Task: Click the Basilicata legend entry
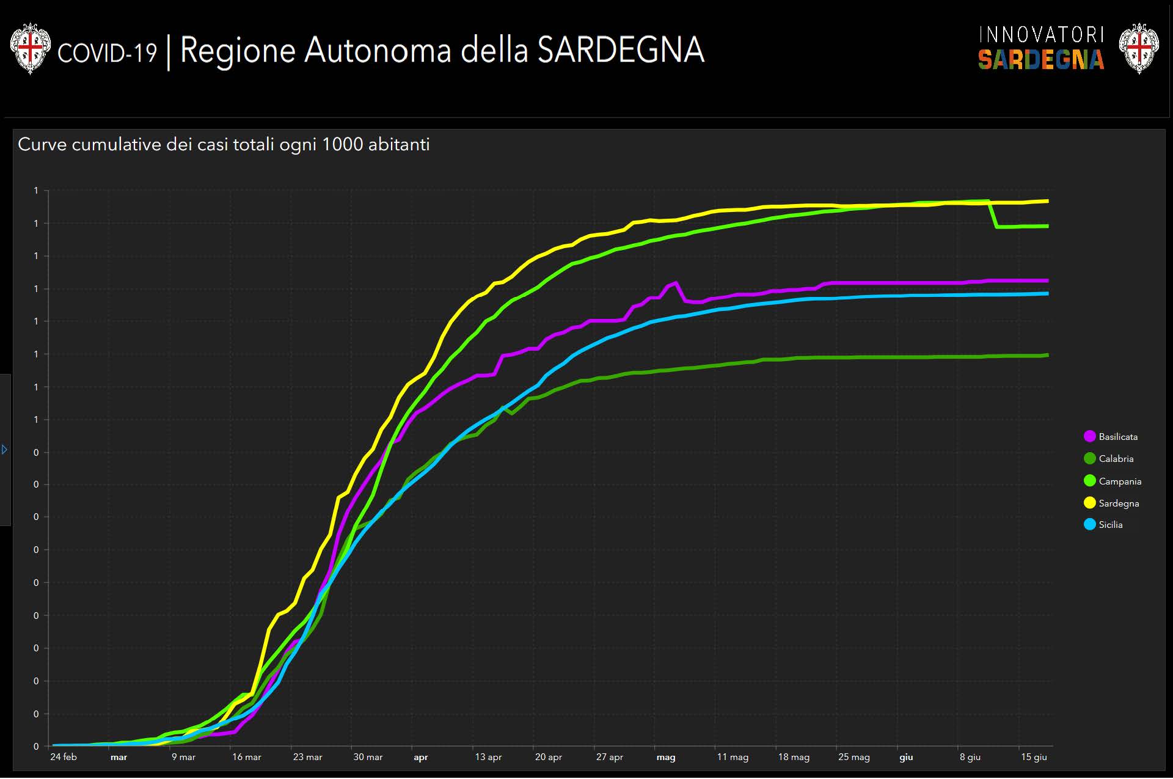(1111, 437)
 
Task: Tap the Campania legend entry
(1113, 481)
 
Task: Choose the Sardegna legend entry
(1111, 503)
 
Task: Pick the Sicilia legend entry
(1103, 525)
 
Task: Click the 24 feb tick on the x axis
(64, 757)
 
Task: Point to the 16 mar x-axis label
(246, 757)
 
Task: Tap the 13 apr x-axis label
(488, 757)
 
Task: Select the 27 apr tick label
(609, 757)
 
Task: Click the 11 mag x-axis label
(733, 757)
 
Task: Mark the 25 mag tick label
(853, 757)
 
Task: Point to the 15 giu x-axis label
(1034, 757)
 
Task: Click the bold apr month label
(421, 758)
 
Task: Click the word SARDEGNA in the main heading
(621, 50)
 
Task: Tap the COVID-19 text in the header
(107, 53)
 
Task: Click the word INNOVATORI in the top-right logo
(1041, 35)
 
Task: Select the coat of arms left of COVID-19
(30, 48)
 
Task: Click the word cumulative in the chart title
(117, 144)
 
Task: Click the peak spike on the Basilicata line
(675, 283)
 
